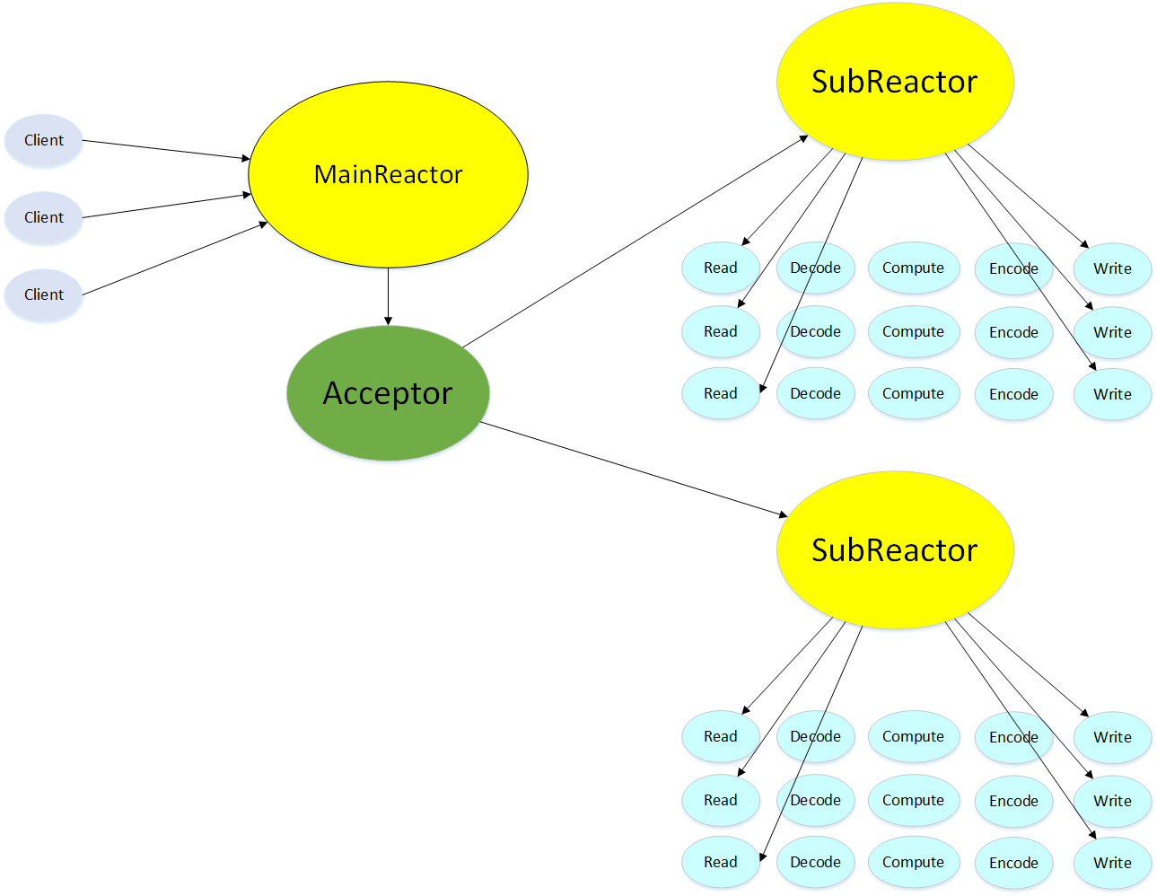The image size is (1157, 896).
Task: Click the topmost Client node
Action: (x=43, y=140)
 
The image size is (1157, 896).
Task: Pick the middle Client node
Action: (x=43, y=217)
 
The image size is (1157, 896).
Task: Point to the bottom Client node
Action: (x=43, y=294)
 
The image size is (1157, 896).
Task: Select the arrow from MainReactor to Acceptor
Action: (x=388, y=296)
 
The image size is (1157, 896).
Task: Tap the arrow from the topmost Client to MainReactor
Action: (x=166, y=149)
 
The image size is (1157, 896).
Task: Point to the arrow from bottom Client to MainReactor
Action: (x=175, y=259)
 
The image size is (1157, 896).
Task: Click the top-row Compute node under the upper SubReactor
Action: (x=913, y=268)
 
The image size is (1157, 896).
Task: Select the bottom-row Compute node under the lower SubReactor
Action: (x=913, y=862)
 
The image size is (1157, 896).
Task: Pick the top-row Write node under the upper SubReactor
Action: (x=1112, y=268)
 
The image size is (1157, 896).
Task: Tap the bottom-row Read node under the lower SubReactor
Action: (x=720, y=862)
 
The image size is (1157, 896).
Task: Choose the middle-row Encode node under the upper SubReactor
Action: (x=1013, y=332)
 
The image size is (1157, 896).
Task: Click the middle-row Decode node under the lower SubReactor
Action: (x=815, y=800)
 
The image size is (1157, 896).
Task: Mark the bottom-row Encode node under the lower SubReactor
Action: (x=1013, y=863)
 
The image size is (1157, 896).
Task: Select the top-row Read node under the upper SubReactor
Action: (x=720, y=268)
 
